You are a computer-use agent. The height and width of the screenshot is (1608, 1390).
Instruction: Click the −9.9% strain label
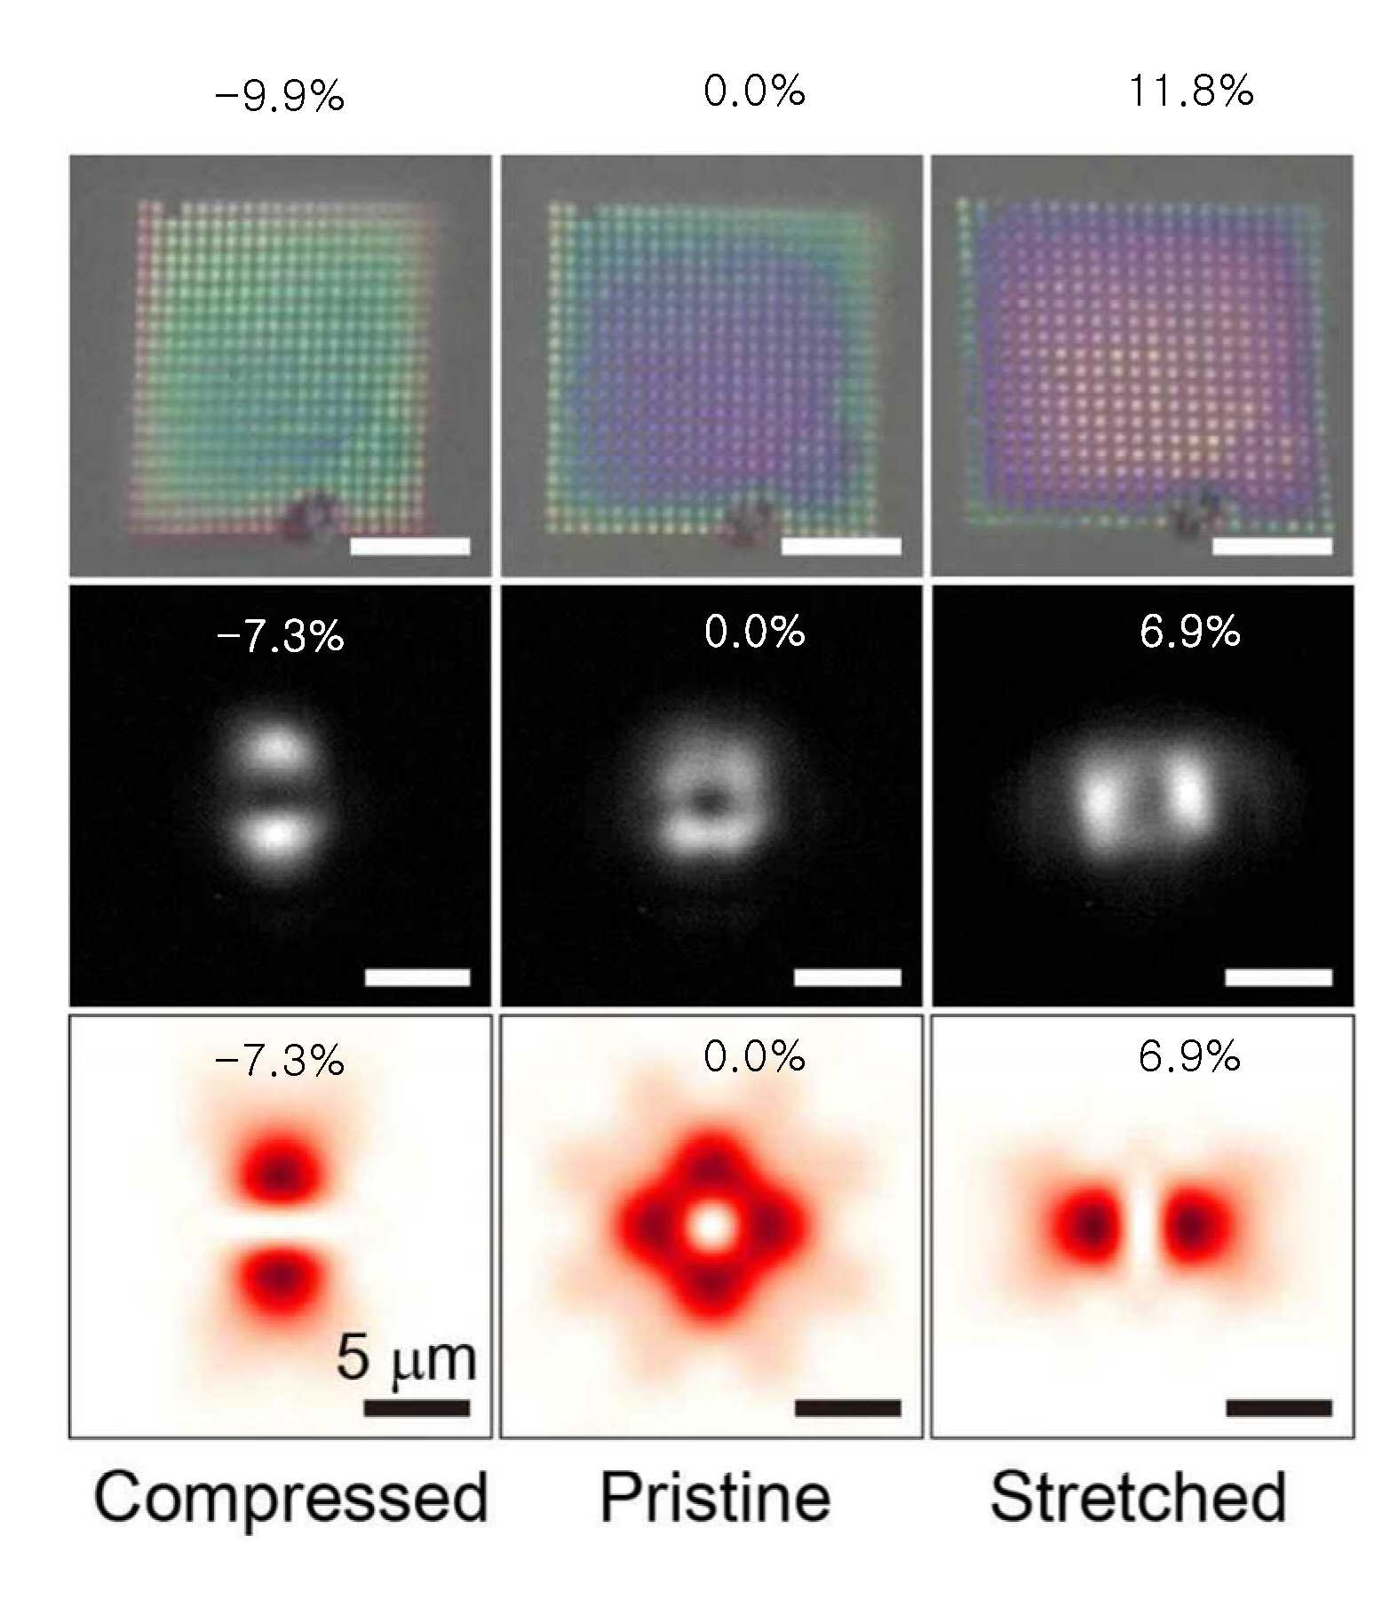coord(280,94)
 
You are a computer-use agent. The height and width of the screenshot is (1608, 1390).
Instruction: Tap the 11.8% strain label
coord(1191,91)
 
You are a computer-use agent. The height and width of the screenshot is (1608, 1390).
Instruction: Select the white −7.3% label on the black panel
coord(280,636)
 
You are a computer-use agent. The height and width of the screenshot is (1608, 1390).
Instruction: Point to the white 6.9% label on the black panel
coord(1189,632)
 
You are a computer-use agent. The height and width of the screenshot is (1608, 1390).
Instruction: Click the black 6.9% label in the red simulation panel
coord(1189,1056)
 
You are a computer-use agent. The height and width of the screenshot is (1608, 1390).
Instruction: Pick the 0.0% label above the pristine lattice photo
coord(754,91)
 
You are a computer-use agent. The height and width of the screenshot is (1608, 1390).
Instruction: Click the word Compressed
coord(290,1497)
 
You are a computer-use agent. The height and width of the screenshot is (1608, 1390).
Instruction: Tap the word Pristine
coord(715,1497)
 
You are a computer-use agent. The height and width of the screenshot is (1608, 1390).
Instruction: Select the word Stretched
coord(1138,1497)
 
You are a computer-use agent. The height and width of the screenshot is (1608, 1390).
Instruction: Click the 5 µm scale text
coord(407,1358)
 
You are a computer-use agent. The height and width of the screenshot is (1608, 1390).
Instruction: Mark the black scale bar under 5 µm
coord(417,1407)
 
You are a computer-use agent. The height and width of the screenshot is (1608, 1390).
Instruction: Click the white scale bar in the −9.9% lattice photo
coord(409,545)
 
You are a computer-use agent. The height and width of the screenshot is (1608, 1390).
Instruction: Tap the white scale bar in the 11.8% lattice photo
coord(1272,545)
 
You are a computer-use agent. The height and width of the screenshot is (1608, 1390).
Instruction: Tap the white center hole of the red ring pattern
coord(713,1226)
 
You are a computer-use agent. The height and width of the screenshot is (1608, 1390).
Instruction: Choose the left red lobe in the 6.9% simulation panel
coord(1091,1226)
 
